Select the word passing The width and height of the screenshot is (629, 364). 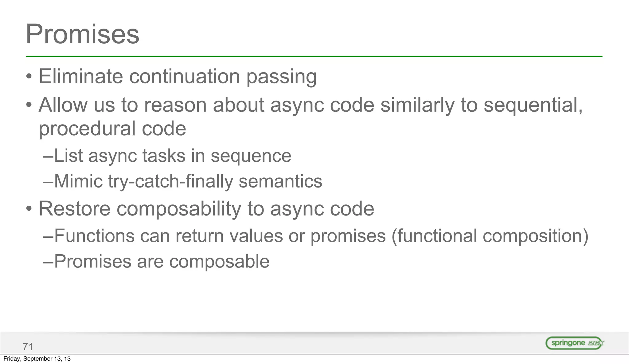tap(281, 77)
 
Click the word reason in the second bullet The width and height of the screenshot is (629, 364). tap(175, 105)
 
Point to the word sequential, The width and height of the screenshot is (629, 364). tap(533, 105)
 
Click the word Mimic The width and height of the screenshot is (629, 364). tap(78, 181)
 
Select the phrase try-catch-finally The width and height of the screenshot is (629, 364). tap(171, 181)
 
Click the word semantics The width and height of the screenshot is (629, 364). tap(280, 181)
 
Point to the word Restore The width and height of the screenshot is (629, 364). tap(74, 208)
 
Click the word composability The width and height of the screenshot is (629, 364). tap(179, 209)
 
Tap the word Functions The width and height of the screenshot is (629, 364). tap(94, 236)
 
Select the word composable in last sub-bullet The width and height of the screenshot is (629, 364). tap(219, 262)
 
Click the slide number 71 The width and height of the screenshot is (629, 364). tap(28, 347)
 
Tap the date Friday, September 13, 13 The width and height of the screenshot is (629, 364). tap(37, 359)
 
